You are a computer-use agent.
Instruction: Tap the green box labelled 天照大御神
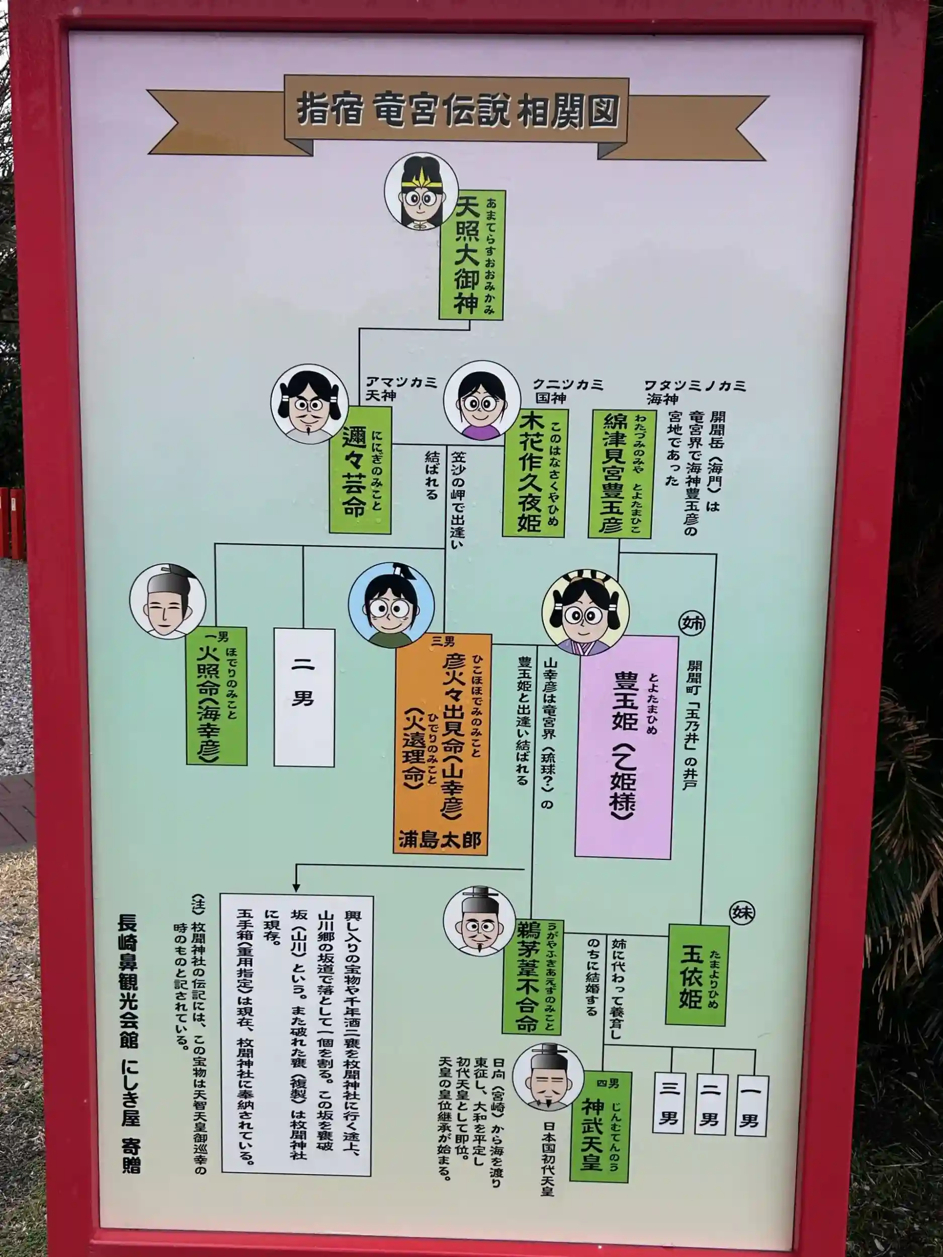(471, 254)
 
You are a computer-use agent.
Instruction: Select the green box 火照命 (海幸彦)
(217, 695)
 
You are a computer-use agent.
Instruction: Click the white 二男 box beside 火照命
(304, 697)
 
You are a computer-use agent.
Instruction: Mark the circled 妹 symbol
(743, 913)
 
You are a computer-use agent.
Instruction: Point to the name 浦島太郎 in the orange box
(440, 840)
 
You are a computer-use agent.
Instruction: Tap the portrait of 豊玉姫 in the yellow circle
(585, 612)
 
